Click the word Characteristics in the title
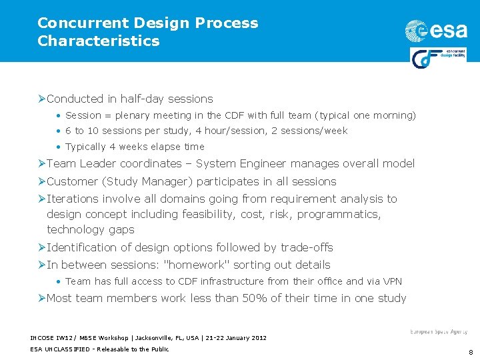tap(99, 41)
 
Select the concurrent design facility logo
tap(437, 58)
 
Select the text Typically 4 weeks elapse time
tap(135, 147)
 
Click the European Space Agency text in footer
tap(438, 331)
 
